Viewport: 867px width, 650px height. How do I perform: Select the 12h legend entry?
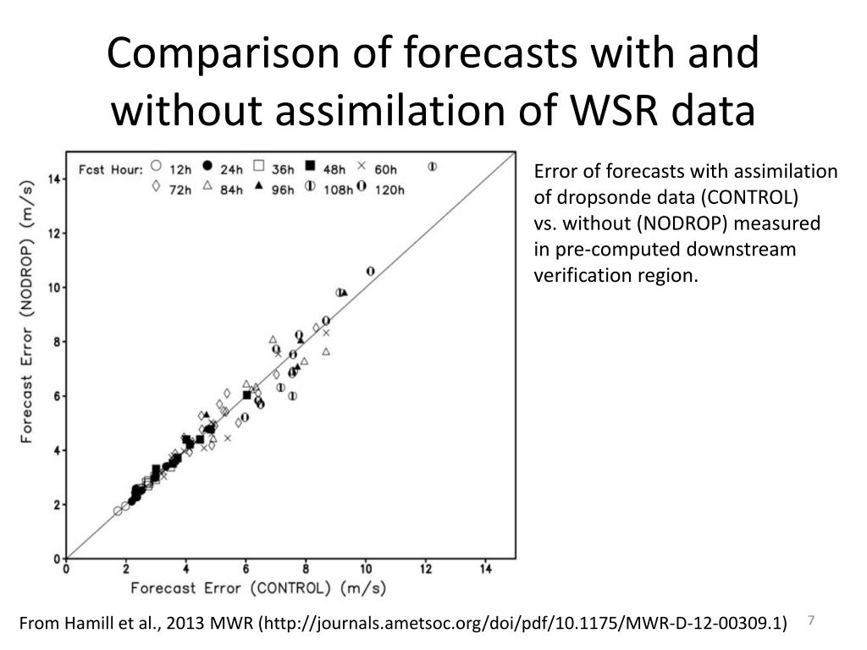point(169,168)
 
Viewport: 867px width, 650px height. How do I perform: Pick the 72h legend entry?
point(169,189)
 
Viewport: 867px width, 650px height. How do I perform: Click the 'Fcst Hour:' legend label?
point(110,169)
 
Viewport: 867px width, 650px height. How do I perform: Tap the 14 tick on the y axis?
point(54,179)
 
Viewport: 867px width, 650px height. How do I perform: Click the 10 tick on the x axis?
point(366,570)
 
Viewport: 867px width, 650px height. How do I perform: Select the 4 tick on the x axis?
point(186,570)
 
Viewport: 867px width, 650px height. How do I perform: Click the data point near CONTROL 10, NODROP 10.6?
point(371,271)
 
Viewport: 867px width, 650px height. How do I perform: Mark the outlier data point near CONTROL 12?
point(433,167)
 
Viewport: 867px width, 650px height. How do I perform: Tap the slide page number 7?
point(810,620)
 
